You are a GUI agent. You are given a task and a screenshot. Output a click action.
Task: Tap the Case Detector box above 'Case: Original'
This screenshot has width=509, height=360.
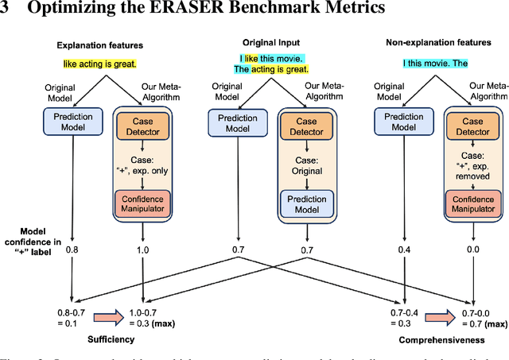pos(306,126)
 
